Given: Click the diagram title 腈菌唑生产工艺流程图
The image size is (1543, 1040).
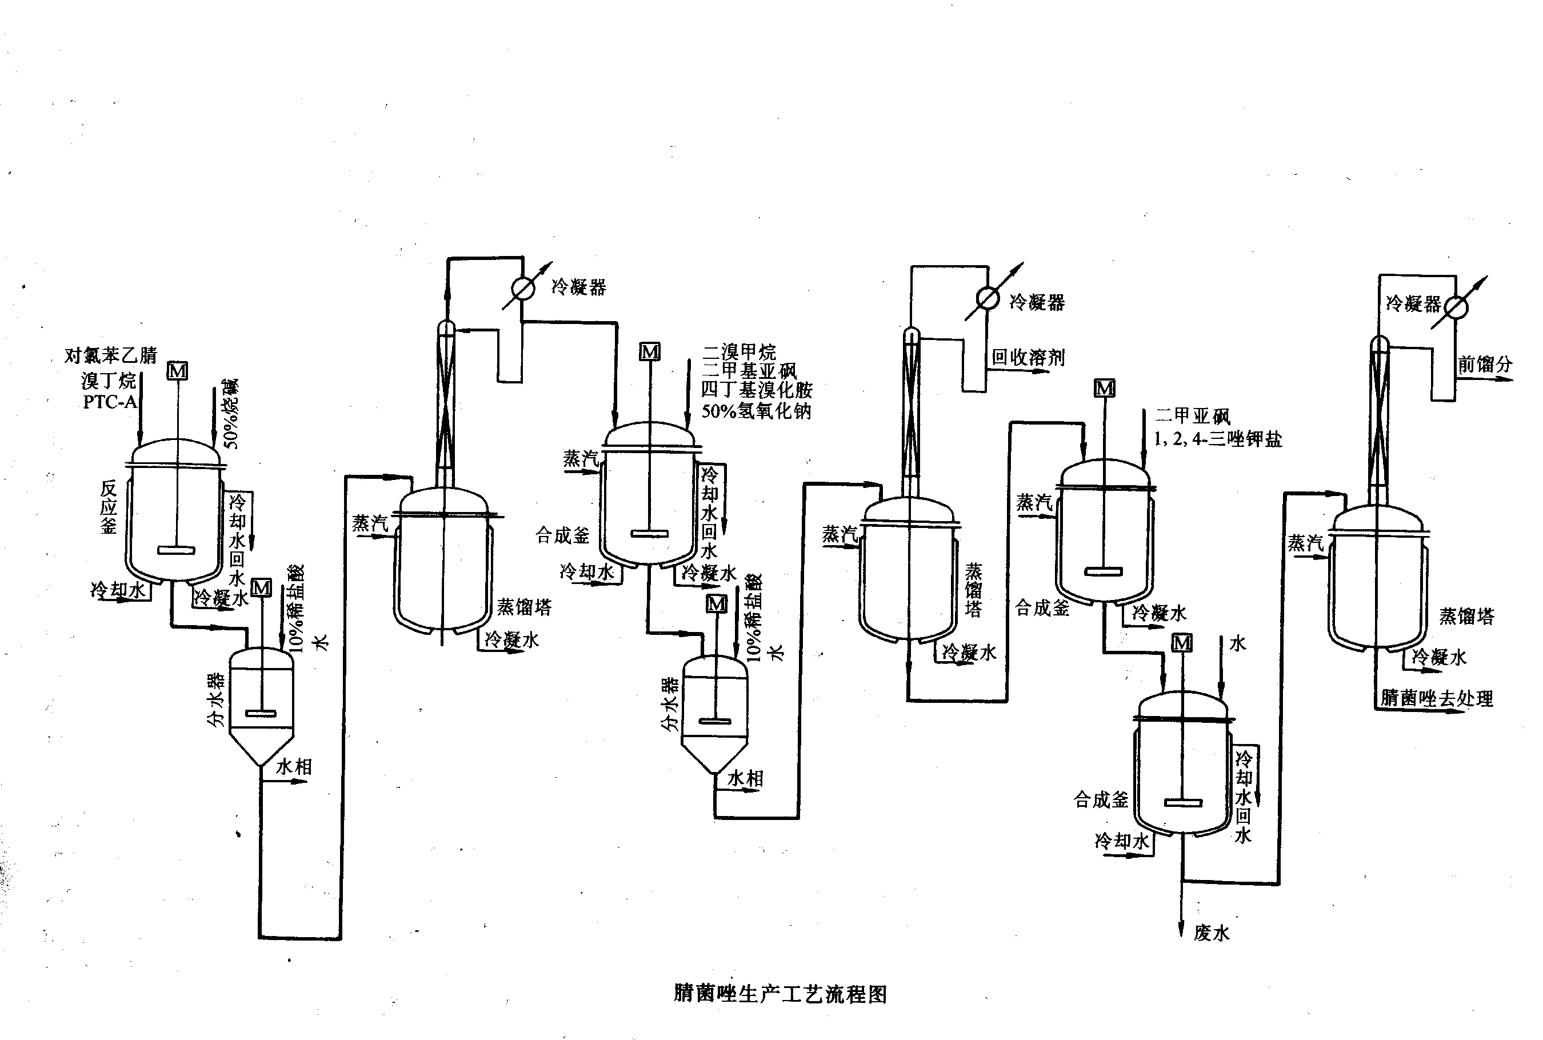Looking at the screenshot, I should [x=780, y=994].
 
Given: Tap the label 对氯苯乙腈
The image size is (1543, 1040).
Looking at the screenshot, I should [x=111, y=355].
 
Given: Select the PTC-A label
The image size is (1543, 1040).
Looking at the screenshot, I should [x=110, y=402].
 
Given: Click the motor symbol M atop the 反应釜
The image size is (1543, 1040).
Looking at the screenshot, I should [x=177, y=371].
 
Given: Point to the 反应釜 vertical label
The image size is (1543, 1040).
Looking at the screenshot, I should [x=108, y=507].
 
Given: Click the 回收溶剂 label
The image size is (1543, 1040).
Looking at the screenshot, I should [x=1028, y=358].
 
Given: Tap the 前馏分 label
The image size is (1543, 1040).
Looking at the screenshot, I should [x=1485, y=364].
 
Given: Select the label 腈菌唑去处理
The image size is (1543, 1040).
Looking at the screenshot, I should [x=1436, y=698].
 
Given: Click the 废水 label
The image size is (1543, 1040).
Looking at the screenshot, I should [x=1212, y=933].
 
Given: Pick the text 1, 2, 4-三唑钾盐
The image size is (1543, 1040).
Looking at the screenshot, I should [x=1218, y=439].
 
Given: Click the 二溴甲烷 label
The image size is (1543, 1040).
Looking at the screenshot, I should [x=739, y=351].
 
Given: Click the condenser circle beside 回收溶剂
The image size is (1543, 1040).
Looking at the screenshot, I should [x=988, y=298].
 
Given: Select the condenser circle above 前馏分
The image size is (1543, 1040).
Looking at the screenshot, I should [x=1456, y=306].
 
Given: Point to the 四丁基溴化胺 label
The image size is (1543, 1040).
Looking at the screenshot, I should [x=756, y=390].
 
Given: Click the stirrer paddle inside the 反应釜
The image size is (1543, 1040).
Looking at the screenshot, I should [x=177, y=549].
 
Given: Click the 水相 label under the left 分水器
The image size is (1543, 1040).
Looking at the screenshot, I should [x=293, y=767].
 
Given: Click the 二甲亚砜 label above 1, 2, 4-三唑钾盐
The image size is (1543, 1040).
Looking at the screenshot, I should [x=1192, y=416].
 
